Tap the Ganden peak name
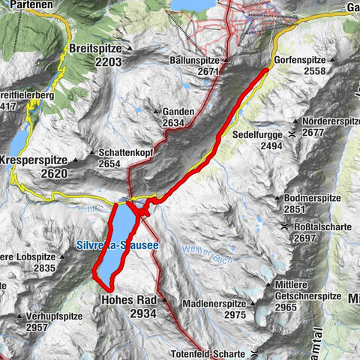coord(178,112)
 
